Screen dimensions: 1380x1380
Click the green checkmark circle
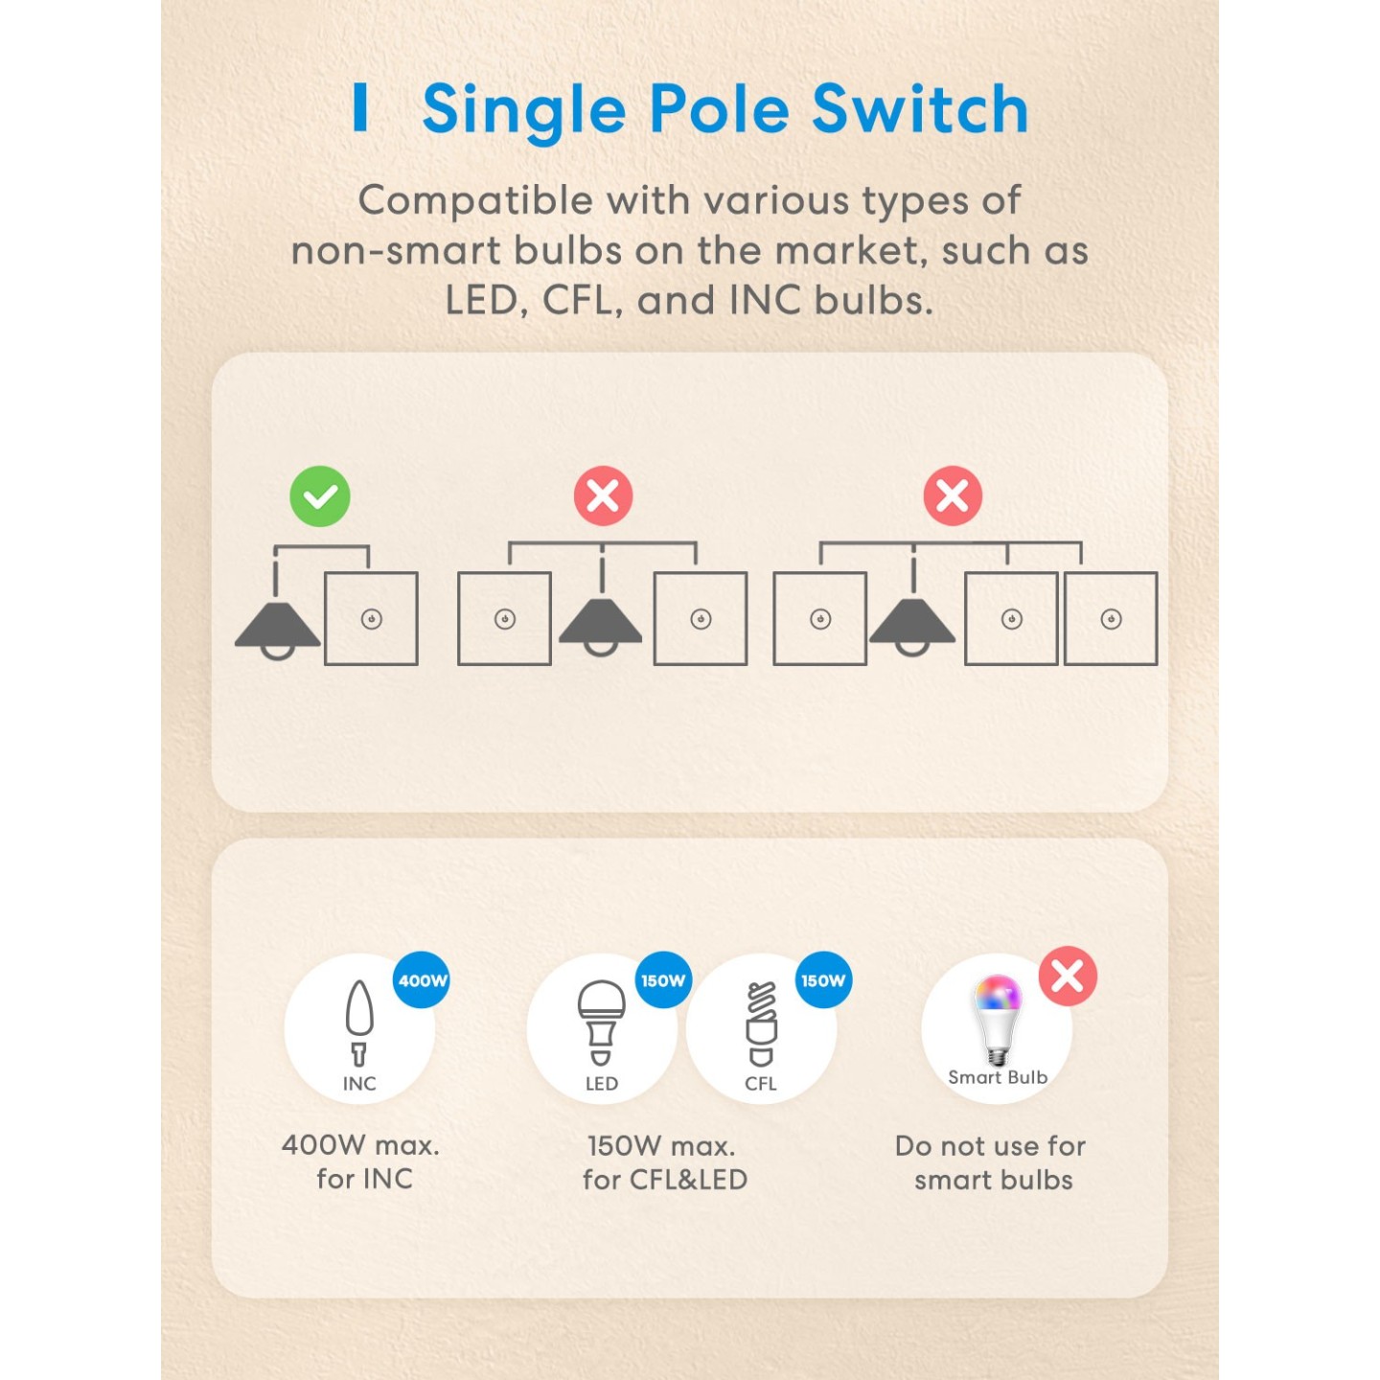[320, 496]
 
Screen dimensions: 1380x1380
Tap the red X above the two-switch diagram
[603, 496]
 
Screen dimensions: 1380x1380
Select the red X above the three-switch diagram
[953, 496]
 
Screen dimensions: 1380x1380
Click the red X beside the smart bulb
[1068, 977]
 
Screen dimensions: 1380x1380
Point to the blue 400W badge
[422, 980]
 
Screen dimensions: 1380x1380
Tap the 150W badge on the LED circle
[663, 980]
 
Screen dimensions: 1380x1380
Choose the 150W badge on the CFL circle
[823, 980]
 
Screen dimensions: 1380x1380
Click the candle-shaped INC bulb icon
[359, 1022]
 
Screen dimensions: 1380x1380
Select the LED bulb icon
[601, 1022]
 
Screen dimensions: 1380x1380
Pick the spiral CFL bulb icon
[761, 1023]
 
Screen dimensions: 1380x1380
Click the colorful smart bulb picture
[998, 1020]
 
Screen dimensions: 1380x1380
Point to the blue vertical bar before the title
[360, 106]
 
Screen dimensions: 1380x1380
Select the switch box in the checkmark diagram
[372, 619]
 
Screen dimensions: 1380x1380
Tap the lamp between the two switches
[601, 624]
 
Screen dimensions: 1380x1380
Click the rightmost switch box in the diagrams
[1111, 619]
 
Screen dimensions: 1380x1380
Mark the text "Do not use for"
[990, 1145]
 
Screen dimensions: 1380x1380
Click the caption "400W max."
[360, 1144]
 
